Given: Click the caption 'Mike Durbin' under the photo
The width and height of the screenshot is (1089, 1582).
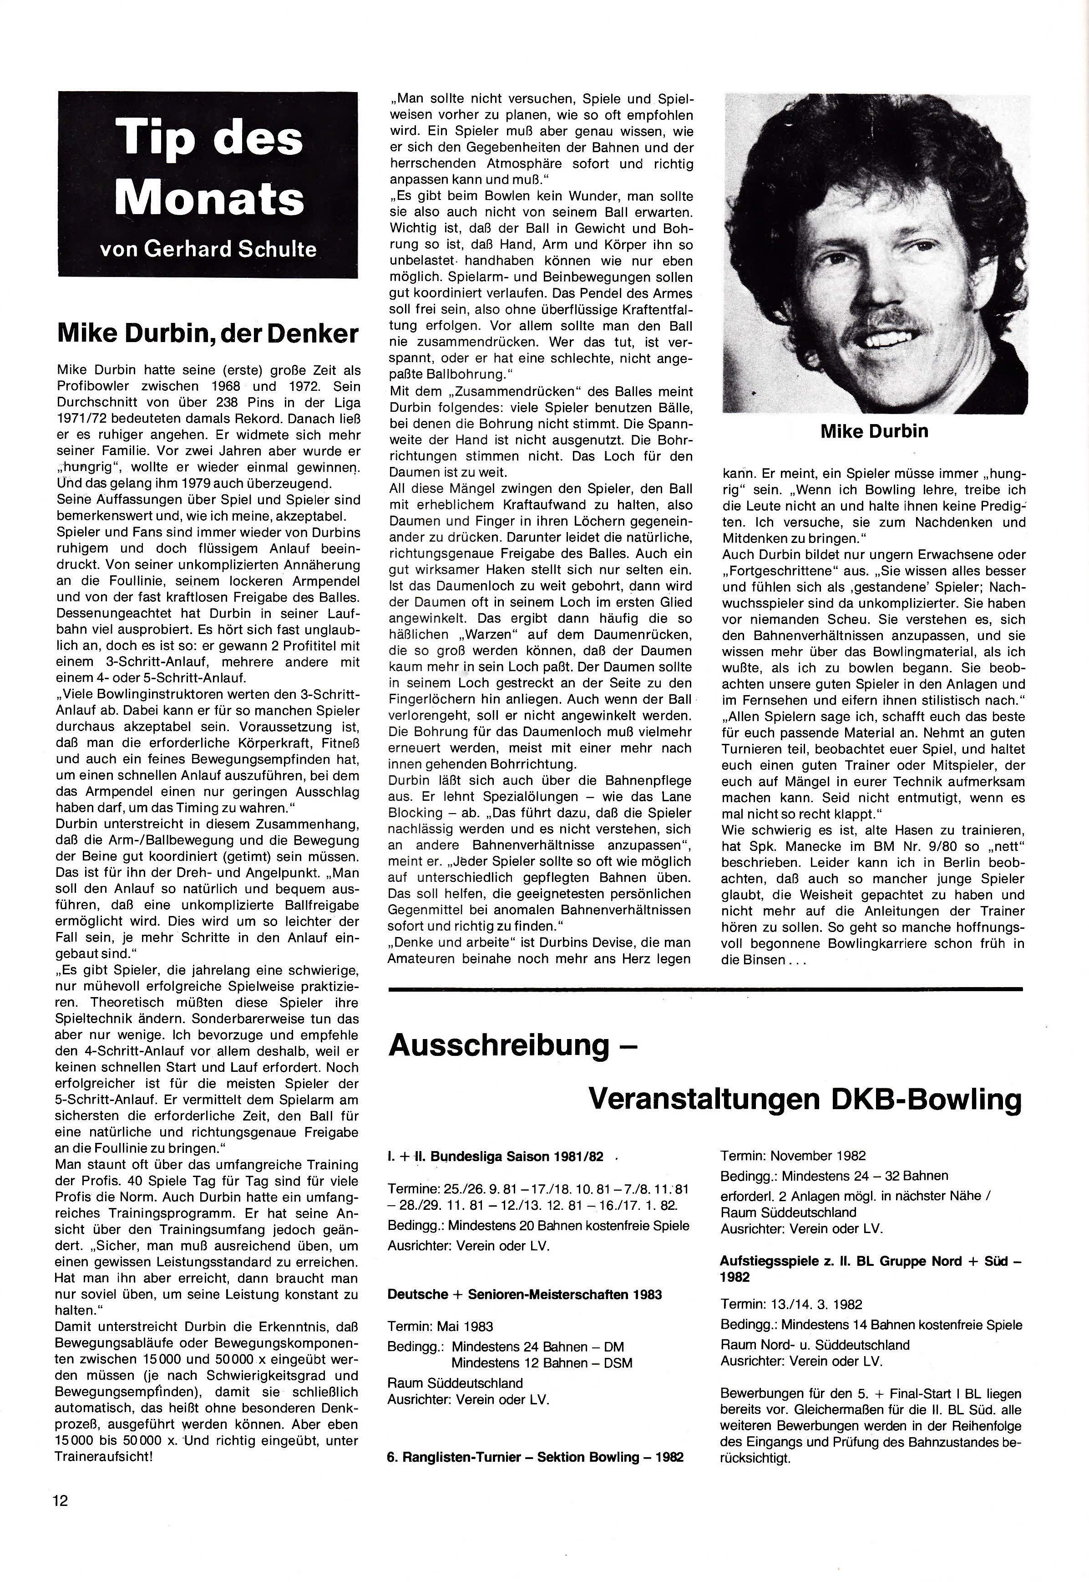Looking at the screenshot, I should pyautogui.click(x=874, y=431).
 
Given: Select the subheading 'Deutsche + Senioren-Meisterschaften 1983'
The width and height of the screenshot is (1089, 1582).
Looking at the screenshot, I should pyautogui.click(x=525, y=1294).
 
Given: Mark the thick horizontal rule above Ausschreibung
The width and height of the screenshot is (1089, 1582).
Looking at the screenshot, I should pyautogui.click(x=705, y=988).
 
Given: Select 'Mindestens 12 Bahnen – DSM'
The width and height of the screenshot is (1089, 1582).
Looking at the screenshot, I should pyautogui.click(x=542, y=1363).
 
